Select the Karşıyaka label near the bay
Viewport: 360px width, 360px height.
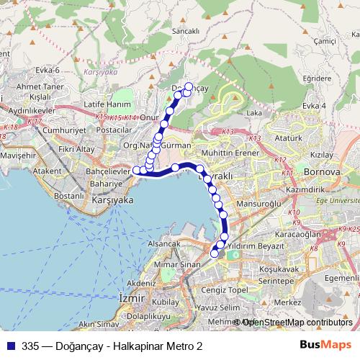pyautogui.click(x=114, y=201)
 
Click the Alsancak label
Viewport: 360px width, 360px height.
pyautogui.click(x=163, y=244)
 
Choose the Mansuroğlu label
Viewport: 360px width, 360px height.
pyautogui.click(x=260, y=204)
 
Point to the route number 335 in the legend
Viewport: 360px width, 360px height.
pyautogui.click(x=30, y=346)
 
